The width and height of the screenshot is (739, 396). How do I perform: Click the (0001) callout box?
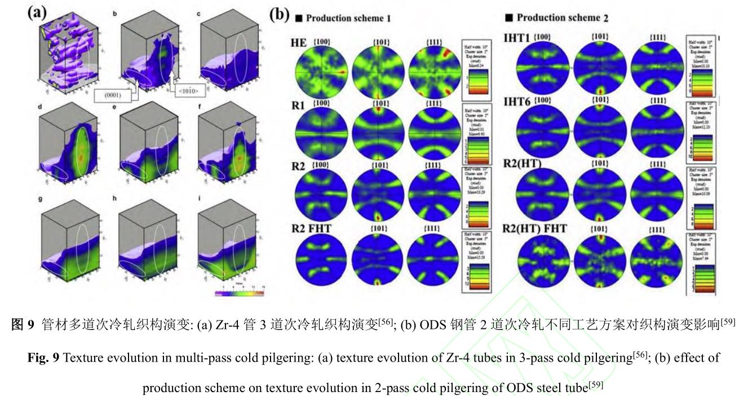tap(115, 95)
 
